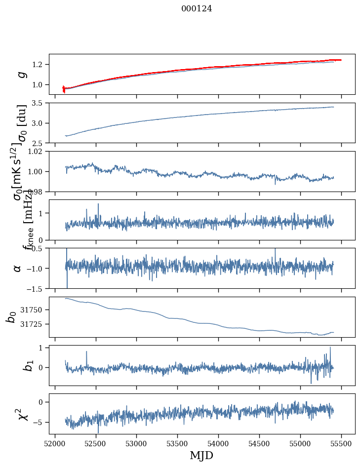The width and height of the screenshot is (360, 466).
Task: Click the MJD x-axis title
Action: (x=201, y=455)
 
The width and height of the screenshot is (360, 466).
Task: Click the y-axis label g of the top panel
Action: (x=20, y=74)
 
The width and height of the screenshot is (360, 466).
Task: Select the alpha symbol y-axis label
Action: (x=18, y=268)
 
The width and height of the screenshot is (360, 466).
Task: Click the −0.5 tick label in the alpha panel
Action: (x=36, y=248)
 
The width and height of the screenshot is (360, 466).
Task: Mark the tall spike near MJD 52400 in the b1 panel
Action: (x=87, y=351)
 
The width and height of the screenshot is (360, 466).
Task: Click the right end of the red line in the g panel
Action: (x=341, y=60)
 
